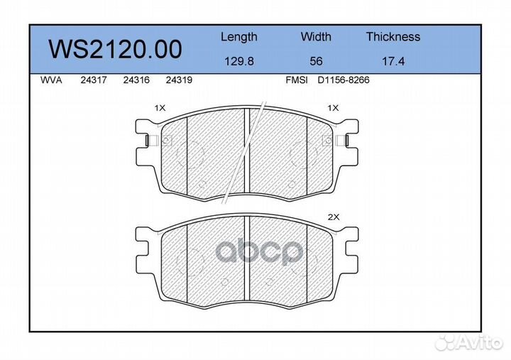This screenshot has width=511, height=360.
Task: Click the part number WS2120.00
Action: tap(115, 49)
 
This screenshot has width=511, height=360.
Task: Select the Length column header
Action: tap(239, 37)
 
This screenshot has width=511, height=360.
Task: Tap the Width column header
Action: tap(316, 36)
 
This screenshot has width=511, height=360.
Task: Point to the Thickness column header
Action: tap(393, 36)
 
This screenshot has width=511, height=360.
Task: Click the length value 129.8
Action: tap(239, 61)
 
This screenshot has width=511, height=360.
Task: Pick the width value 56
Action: tap(316, 61)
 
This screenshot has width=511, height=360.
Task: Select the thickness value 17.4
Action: tap(393, 61)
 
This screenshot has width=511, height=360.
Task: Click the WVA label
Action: tap(51, 80)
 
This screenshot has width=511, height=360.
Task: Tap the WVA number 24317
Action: tap(94, 80)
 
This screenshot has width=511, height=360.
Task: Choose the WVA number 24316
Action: tap(136, 80)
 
